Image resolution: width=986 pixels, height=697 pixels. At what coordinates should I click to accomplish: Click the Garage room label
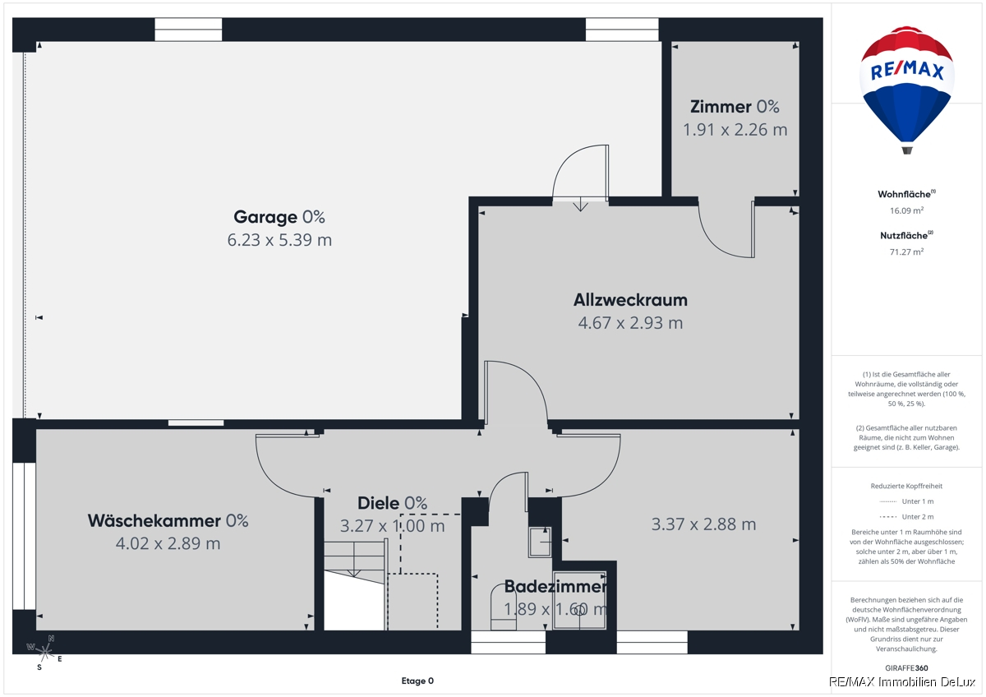pos(279,217)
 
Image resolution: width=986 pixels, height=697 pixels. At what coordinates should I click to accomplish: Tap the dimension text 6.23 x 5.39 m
pos(279,240)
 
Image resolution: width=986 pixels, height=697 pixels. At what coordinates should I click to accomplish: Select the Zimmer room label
pos(735,107)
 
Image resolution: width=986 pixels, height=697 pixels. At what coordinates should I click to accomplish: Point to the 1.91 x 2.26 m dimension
pos(735,129)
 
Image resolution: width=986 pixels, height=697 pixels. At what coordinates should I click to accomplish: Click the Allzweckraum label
pos(630,300)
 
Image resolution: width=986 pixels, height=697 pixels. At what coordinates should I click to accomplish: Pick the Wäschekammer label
pos(168,520)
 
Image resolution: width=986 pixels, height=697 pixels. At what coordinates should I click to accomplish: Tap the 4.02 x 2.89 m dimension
pos(168,543)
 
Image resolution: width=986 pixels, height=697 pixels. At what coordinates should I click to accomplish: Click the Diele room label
pos(392,503)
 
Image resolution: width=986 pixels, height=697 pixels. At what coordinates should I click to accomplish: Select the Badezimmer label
pos(555,586)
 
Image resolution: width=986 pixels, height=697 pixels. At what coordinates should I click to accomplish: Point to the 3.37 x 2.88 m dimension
pos(703,524)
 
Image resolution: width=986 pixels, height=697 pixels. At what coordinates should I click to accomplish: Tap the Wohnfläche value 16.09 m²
pos(907,210)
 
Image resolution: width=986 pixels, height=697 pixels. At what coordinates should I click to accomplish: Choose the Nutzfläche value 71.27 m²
pos(907,252)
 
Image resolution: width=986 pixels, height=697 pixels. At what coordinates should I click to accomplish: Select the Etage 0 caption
pos(417,681)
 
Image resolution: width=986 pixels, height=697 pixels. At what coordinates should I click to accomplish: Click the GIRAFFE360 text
pos(906,668)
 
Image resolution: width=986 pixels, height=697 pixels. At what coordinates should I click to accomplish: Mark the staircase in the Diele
pos(356,584)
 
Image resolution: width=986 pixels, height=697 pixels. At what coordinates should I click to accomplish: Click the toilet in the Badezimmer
pos(504,607)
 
